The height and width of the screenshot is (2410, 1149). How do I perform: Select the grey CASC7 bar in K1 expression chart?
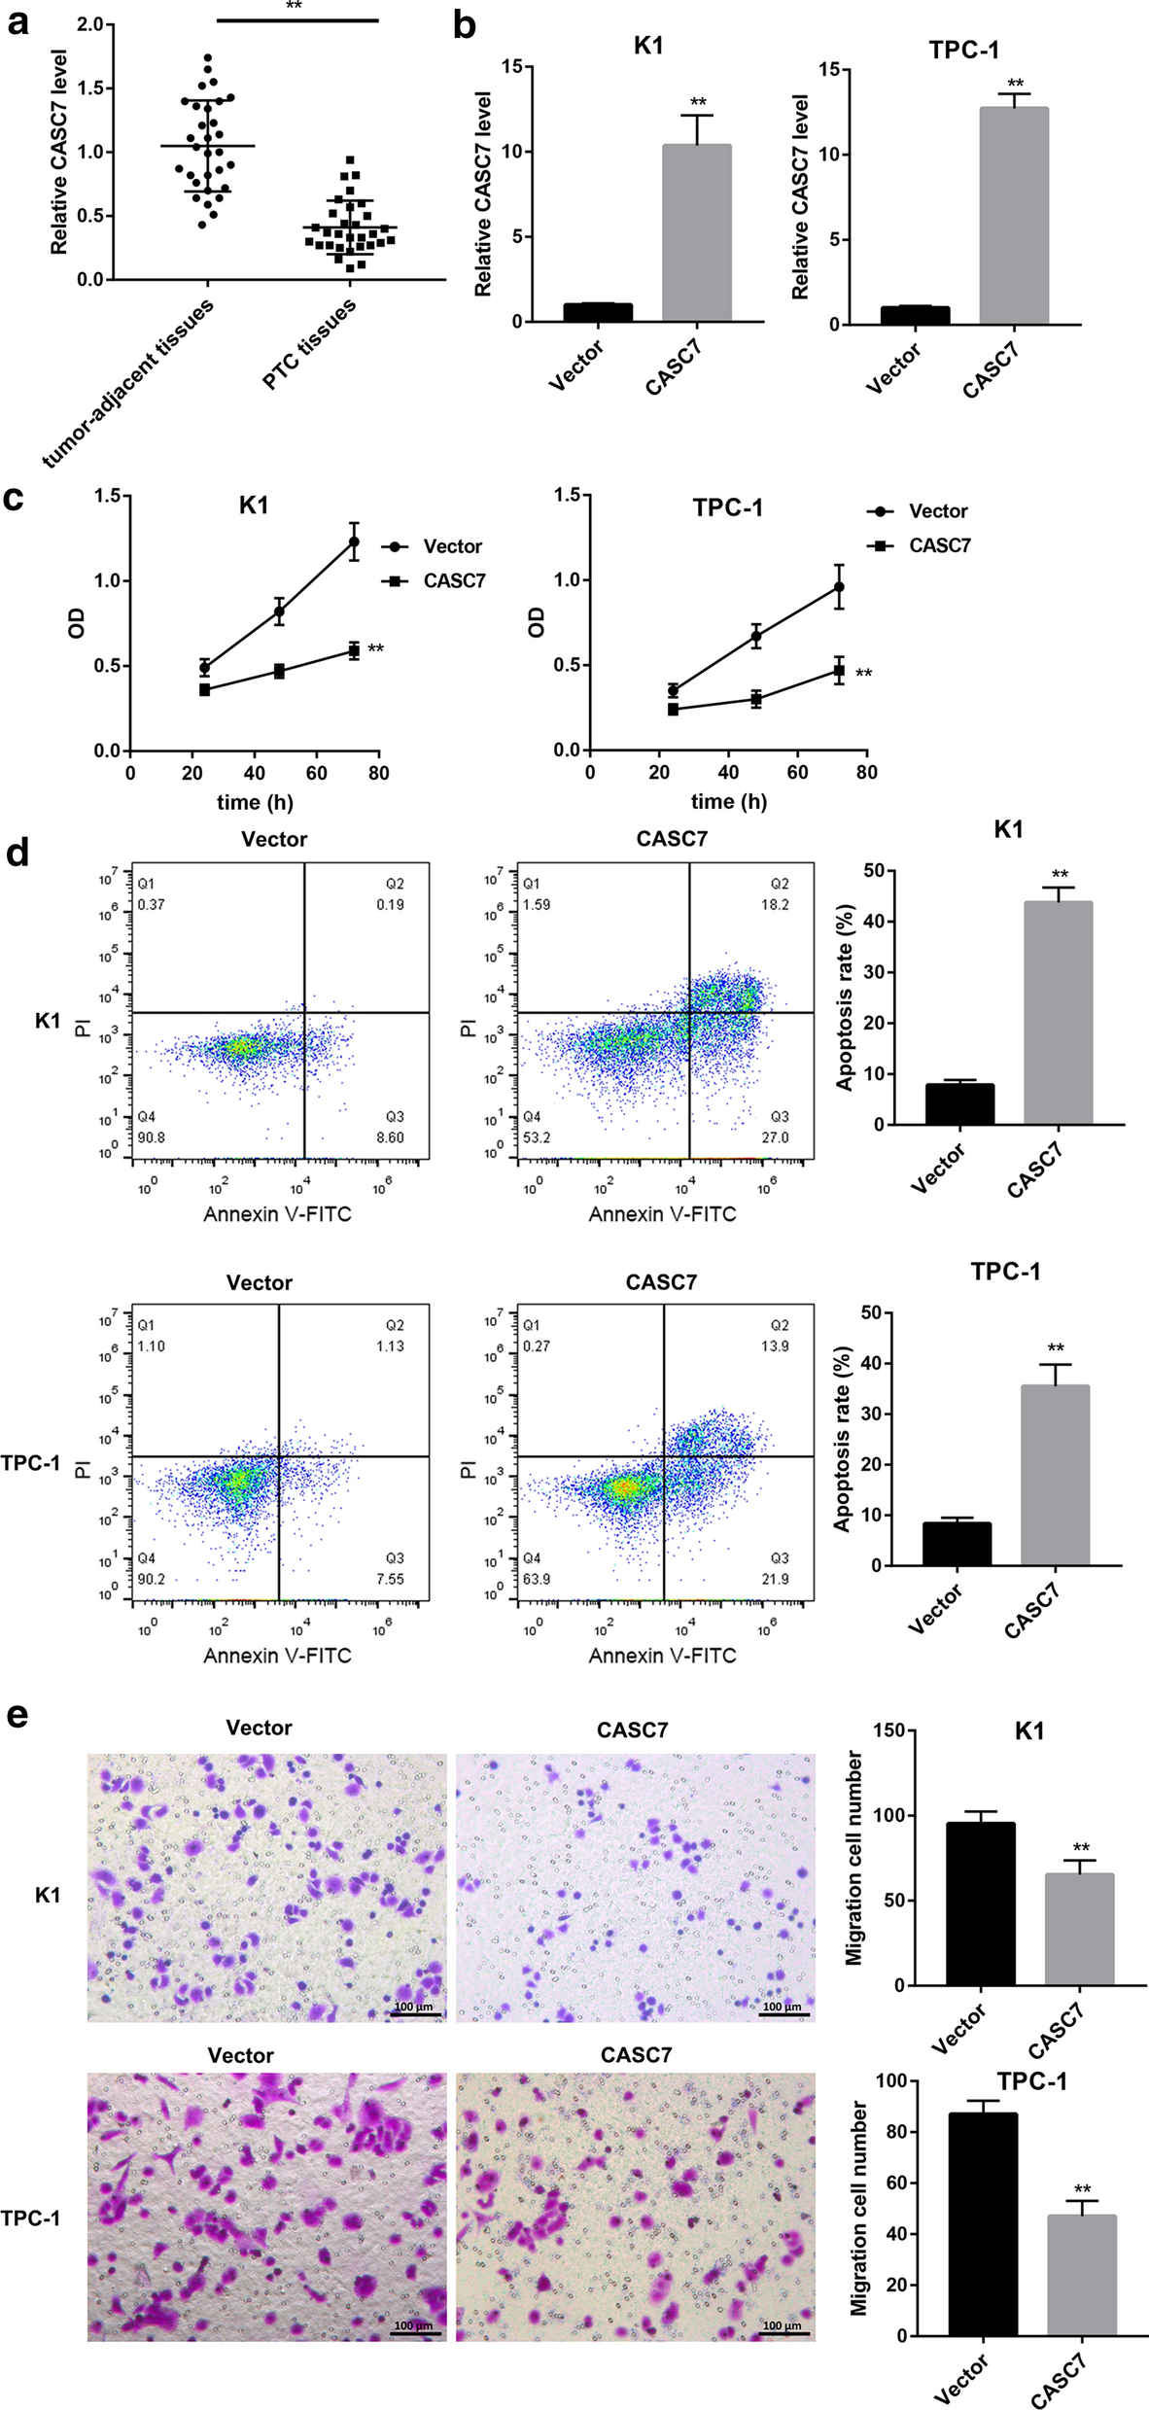(x=696, y=233)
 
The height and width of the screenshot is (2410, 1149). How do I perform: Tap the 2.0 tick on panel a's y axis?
(x=89, y=24)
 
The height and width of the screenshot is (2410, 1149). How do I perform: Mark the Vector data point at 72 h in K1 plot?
(x=354, y=541)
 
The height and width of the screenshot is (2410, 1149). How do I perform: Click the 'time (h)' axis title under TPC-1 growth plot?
(x=728, y=801)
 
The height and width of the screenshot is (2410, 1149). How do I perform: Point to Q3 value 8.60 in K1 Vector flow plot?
(x=390, y=1136)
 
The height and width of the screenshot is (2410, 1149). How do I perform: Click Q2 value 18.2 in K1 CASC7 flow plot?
(x=775, y=904)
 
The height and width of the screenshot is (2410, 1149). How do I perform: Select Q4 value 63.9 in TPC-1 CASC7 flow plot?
(x=536, y=1579)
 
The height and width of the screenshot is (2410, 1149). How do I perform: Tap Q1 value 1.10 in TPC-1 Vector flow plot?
(x=151, y=1345)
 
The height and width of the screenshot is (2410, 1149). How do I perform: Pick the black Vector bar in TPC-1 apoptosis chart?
(x=957, y=1544)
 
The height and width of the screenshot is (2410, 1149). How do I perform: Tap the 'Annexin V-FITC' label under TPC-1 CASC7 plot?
(x=662, y=1655)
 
